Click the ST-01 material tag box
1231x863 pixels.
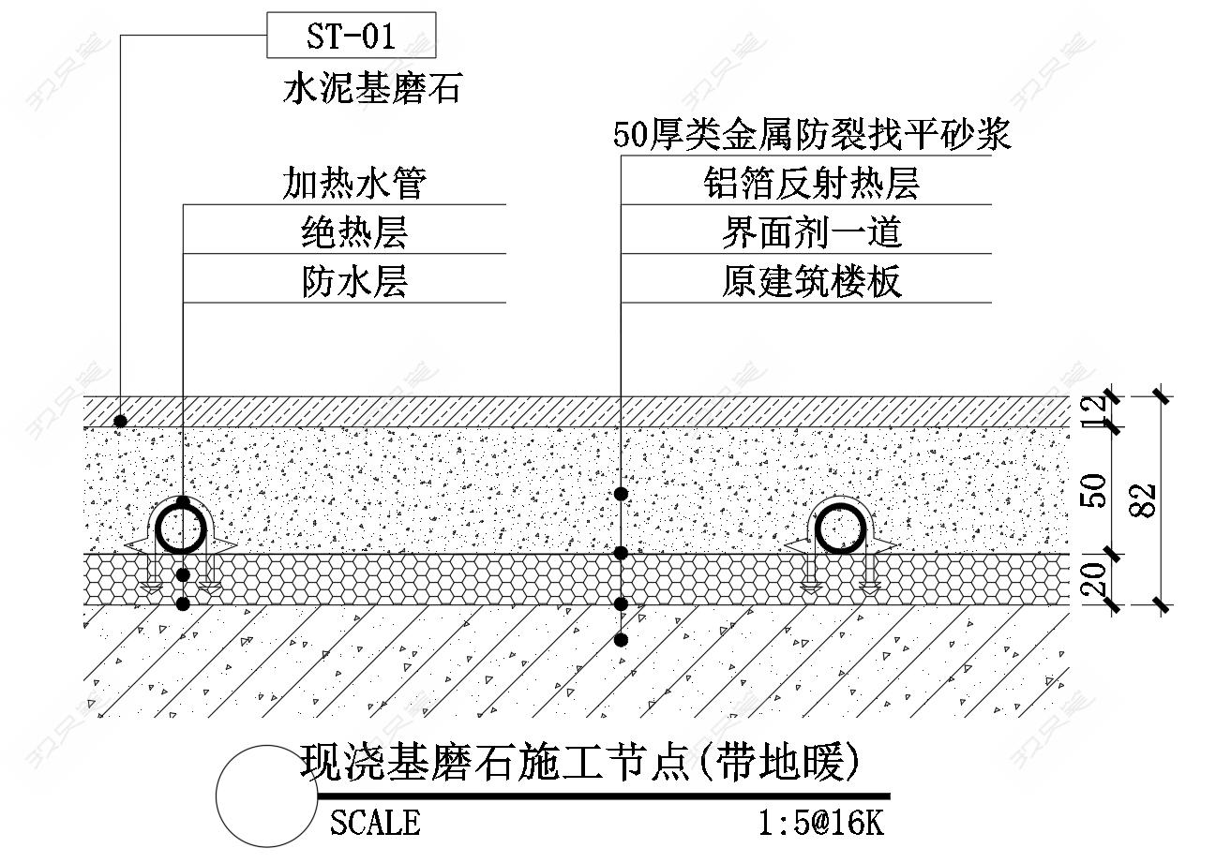(352, 36)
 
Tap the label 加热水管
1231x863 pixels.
(354, 184)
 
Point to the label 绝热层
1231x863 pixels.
(354, 232)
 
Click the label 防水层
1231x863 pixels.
(354, 281)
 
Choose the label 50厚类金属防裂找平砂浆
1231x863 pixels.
(812, 135)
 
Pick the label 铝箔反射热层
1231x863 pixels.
(812, 184)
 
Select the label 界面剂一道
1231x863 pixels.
(812, 232)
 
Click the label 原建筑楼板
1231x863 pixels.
(812, 281)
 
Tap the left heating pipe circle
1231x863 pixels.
(181, 530)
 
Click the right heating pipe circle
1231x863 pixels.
(841, 529)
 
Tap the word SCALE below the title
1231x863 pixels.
(375, 823)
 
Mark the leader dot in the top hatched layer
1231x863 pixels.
(121, 422)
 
